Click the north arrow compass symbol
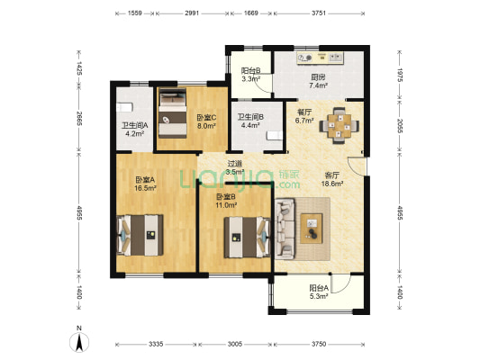coord(79,342)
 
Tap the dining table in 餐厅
coord(340,126)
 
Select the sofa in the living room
coord(285,229)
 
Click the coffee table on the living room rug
coord(312,229)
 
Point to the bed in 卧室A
coord(140,235)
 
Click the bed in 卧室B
coord(248,238)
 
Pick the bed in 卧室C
coord(172,113)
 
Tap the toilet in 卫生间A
coord(124,107)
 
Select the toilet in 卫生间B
coord(274,136)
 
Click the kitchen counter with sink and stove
coord(321,58)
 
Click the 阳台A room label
coord(319,288)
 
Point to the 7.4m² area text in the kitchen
coord(319,85)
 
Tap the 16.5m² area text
coord(146,188)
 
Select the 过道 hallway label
coord(235,164)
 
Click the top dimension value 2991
coord(192,13)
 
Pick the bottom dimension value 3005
coord(235,344)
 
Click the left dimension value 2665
coord(79,119)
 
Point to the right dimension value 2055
coord(400,126)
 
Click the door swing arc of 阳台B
coord(263,86)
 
